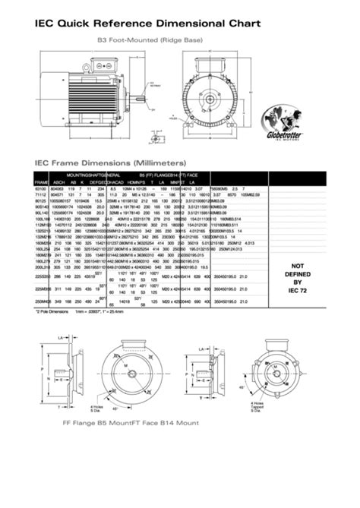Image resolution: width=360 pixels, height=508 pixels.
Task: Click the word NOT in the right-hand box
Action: coord(298,265)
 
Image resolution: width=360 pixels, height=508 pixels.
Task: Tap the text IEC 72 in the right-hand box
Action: coord(298,290)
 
